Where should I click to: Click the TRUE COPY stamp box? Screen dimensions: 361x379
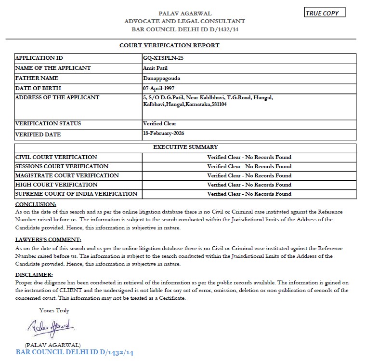(x=325, y=13)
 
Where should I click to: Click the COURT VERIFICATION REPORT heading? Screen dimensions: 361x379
(x=170, y=45)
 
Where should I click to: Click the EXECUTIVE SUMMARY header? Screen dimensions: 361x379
(x=185, y=147)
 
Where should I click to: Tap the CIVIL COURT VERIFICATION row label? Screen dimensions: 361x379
(x=56, y=157)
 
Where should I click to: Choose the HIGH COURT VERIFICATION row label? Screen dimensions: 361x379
(x=56, y=185)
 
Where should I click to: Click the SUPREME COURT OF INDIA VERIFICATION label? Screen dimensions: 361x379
(x=77, y=194)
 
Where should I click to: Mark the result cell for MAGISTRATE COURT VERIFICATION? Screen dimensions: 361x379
(x=249, y=175)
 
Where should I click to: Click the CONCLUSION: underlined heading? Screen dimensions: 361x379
(x=36, y=204)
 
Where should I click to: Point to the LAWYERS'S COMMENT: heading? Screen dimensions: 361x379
(x=48, y=240)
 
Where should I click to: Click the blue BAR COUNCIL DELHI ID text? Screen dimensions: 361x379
(x=74, y=352)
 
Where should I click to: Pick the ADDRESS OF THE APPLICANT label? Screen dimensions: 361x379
(x=57, y=97)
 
